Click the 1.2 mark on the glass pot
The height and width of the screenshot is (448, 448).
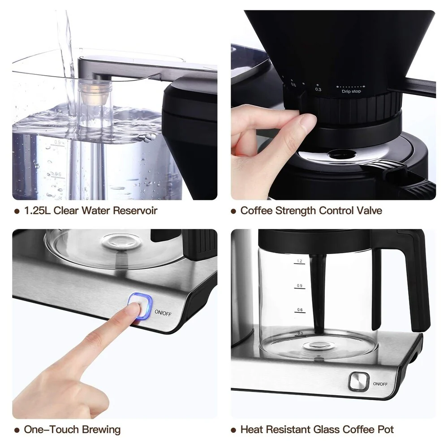[299, 262]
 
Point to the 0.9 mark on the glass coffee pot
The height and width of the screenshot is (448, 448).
[299, 286]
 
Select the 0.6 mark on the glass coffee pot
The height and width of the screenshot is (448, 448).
[300, 310]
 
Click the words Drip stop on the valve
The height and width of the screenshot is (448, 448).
[351, 91]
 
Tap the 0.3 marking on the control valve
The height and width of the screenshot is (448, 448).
[318, 90]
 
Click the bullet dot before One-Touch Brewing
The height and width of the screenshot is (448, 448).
[17, 430]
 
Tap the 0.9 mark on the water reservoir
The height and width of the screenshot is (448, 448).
[57, 142]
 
